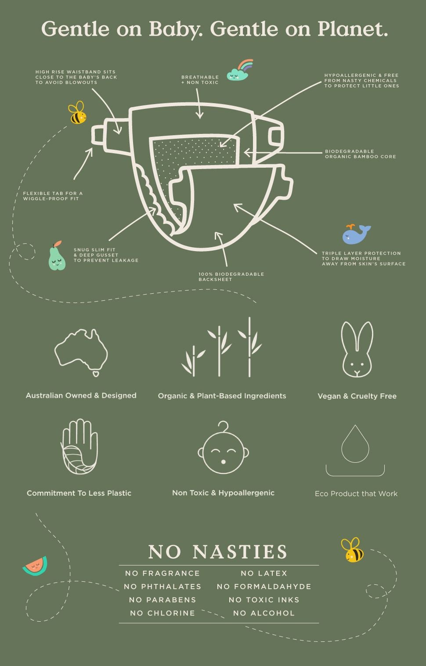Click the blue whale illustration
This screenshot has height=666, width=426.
tap(356, 234)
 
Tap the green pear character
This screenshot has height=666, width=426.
tap(57, 256)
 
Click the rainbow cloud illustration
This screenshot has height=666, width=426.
tap(240, 70)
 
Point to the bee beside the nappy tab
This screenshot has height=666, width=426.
tap(77, 112)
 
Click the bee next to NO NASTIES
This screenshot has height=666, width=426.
tap(352, 550)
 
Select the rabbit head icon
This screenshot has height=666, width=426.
tap(357, 349)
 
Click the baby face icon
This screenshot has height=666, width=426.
tap(223, 447)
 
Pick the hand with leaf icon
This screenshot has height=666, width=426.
tap(79, 446)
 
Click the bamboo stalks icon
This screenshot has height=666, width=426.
tap(222, 347)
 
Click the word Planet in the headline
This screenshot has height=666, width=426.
tap(353, 29)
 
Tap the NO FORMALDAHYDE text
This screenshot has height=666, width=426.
tap(264, 587)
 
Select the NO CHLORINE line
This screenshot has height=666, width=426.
tap(162, 613)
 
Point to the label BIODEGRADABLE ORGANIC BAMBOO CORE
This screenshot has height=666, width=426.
tap(361, 154)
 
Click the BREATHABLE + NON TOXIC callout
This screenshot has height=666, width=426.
tap(200, 79)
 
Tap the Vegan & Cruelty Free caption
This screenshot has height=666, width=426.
tap(357, 396)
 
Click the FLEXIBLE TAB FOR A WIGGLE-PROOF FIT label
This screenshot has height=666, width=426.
tap(53, 196)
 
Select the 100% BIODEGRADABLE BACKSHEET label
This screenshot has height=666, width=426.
tap(231, 277)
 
